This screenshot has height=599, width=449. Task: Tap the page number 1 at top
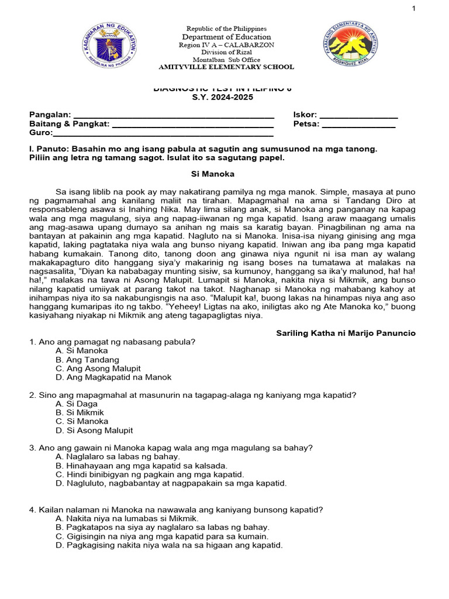430,8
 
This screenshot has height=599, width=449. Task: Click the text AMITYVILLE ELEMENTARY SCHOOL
226,67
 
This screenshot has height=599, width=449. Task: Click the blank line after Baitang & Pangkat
193,125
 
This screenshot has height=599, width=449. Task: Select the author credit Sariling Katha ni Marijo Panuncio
346,333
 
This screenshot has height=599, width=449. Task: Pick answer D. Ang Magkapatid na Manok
113,377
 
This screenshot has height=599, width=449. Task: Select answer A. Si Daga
77,404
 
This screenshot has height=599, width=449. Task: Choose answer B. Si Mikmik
80,412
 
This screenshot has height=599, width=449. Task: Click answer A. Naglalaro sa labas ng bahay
118,456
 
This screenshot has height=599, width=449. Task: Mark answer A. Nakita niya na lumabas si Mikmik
127,518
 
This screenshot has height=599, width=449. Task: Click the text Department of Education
226,37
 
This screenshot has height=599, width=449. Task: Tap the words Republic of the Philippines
226,29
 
